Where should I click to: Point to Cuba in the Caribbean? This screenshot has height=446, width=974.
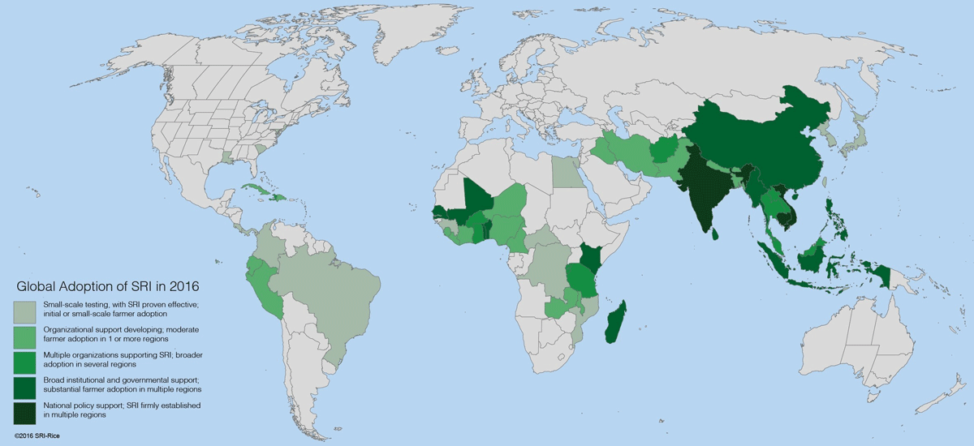(x=259, y=191)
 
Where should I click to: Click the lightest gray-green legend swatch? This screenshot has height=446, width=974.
(x=24, y=310)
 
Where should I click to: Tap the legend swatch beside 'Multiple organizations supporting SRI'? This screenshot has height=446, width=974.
(x=24, y=360)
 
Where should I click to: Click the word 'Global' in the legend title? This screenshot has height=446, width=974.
(x=38, y=286)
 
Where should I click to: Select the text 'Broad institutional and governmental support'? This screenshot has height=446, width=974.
(x=110, y=380)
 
